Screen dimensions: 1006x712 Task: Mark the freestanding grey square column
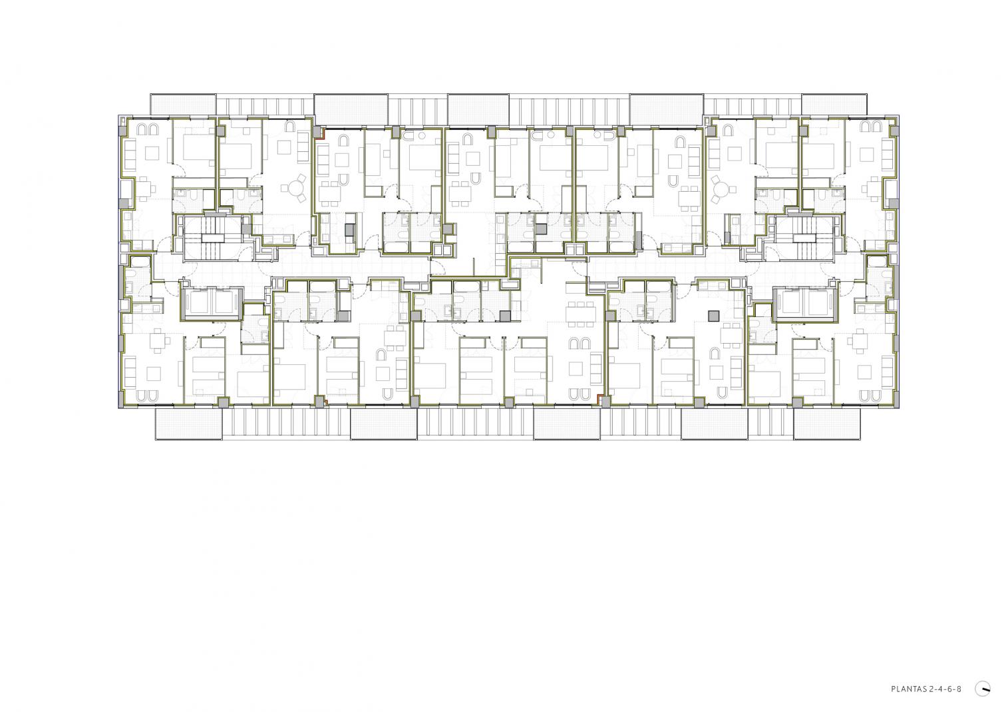click(x=713, y=316)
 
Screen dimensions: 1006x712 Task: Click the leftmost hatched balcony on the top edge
click(x=183, y=105)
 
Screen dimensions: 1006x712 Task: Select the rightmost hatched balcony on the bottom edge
click(x=827, y=424)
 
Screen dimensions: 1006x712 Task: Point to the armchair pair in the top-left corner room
click(x=148, y=129)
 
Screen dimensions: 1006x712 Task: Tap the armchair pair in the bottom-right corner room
click(x=869, y=396)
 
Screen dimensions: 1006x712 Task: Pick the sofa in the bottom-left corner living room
click(x=129, y=371)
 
